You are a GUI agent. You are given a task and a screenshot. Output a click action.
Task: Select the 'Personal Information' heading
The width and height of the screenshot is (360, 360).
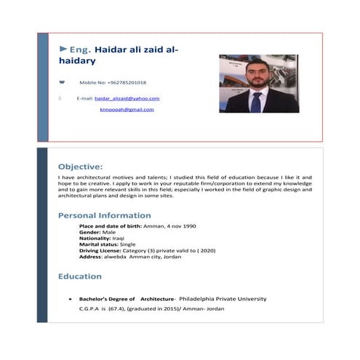(105, 215)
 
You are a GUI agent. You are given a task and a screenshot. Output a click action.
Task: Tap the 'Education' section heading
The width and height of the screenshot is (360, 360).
(80, 276)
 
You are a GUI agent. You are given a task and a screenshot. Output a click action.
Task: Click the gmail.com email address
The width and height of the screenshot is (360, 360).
(127, 109)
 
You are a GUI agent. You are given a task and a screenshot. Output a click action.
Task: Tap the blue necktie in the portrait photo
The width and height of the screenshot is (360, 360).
(255, 102)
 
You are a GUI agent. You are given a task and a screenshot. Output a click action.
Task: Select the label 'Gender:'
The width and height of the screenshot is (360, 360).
(90, 232)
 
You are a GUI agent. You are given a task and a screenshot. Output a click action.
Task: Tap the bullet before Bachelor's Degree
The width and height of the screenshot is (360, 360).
(69, 299)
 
